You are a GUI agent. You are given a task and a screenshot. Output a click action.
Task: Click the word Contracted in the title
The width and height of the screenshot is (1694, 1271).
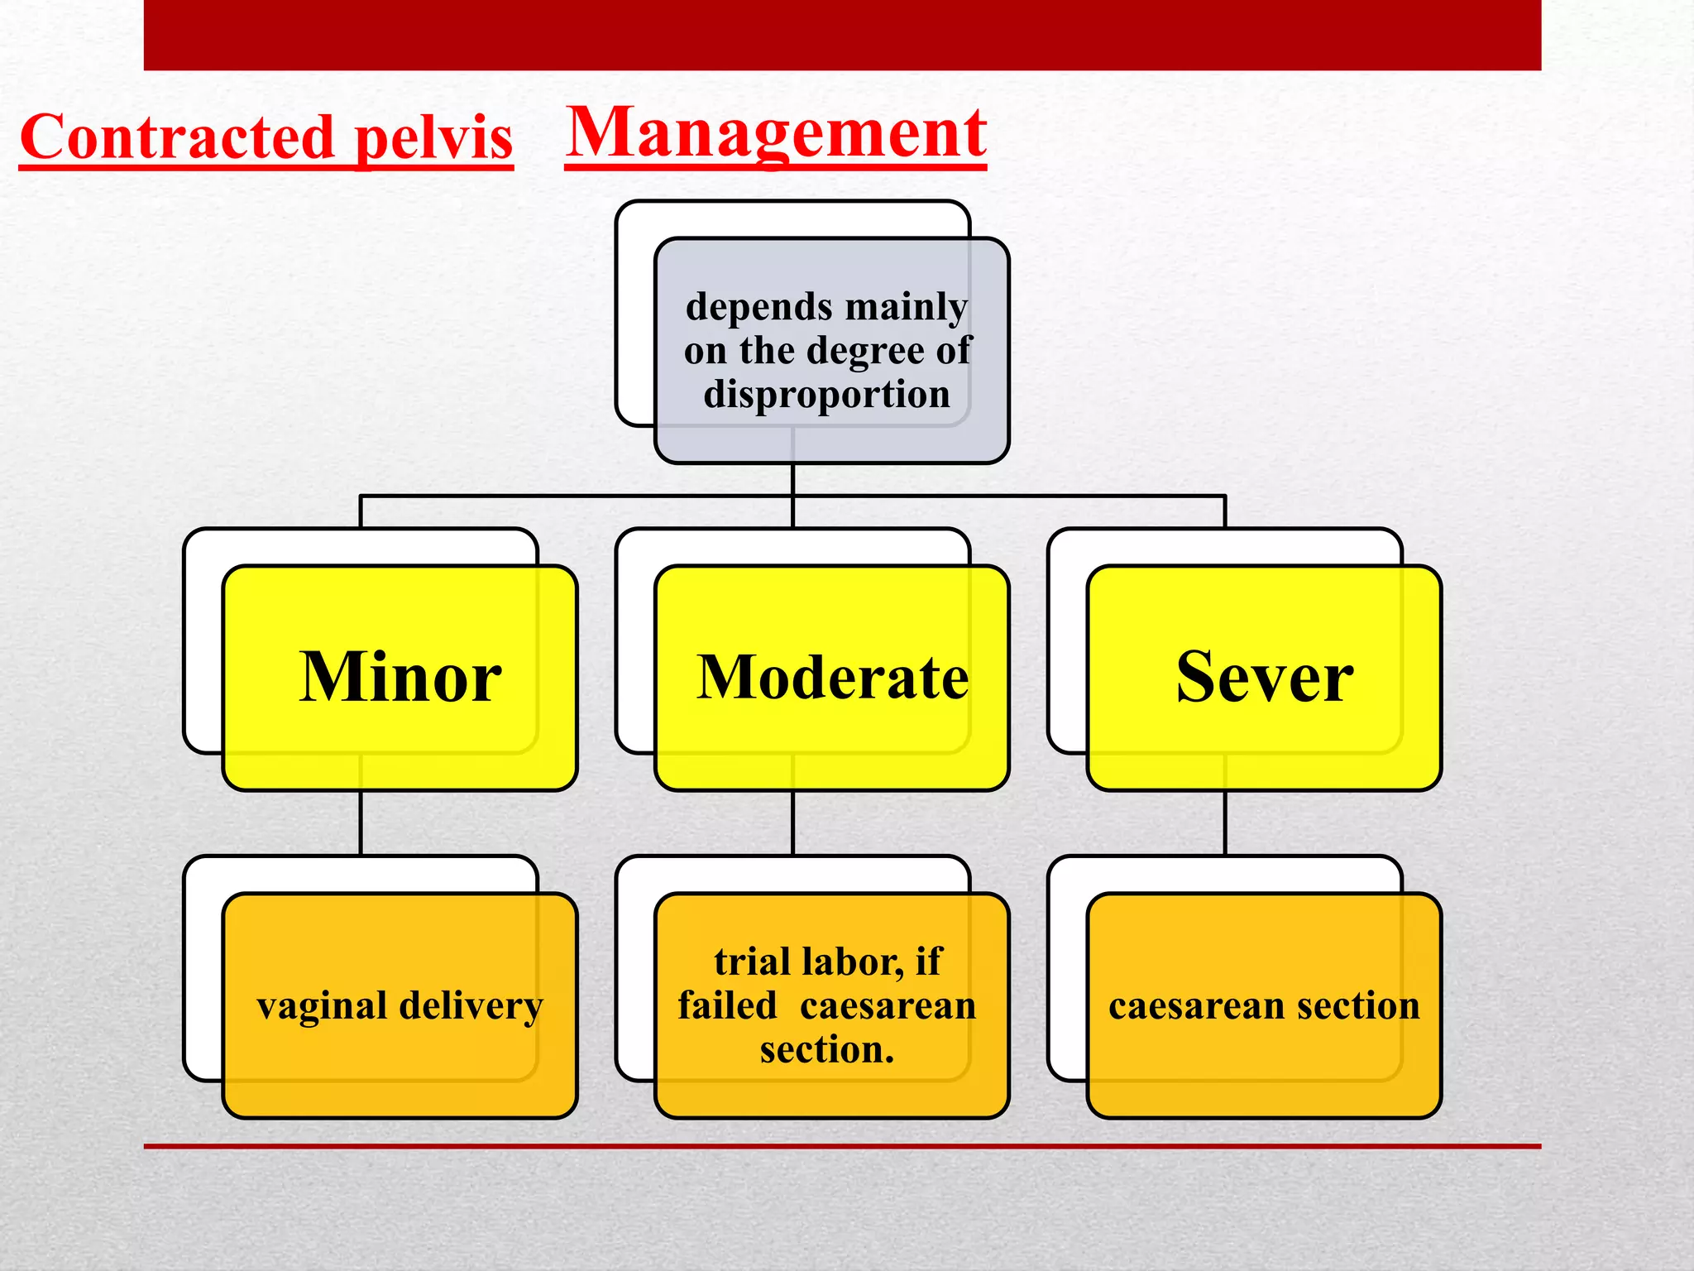[176, 137]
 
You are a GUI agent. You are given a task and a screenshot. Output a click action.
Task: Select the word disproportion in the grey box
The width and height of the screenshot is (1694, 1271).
[826, 394]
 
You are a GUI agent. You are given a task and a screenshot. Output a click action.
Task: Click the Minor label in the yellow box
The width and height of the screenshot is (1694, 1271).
[400, 677]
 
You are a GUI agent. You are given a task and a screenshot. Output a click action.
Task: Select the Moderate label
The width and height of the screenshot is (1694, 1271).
[832, 677]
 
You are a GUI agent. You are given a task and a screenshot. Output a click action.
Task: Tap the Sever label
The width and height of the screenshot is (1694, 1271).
[1264, 677]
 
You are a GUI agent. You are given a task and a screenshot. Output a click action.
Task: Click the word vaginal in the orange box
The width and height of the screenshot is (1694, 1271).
[322, 1006]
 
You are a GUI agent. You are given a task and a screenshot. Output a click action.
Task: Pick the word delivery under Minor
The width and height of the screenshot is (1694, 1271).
[471, 1006]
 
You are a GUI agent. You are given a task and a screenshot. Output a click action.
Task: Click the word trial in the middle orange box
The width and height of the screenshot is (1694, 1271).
[752, 962]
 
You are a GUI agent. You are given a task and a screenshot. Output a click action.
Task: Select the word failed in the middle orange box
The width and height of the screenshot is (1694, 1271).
[727, 1006]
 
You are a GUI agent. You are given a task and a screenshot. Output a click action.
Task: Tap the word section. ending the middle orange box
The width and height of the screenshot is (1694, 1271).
[826, 1050]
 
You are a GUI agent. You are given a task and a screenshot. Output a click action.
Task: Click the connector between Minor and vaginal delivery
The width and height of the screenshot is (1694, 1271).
[361, 823]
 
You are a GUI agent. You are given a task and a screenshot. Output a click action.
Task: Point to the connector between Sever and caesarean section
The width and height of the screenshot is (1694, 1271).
[1225, 823]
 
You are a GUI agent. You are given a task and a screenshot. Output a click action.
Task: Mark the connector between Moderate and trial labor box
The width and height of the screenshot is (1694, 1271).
[792, 823]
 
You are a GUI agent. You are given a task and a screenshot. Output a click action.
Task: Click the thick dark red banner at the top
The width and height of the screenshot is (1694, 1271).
[842, 35]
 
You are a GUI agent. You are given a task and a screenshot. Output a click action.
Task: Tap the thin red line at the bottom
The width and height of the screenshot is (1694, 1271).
[842, 1146]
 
